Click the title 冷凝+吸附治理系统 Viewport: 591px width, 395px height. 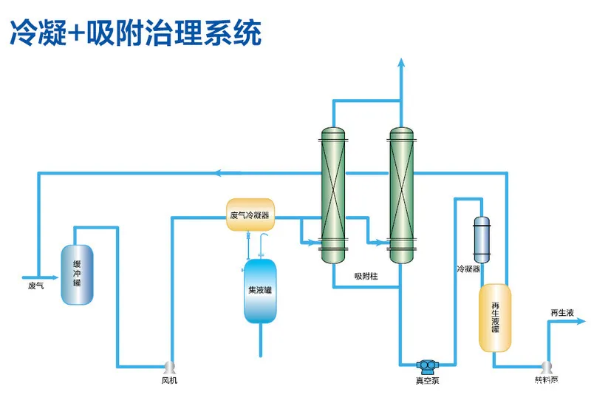[135, 33]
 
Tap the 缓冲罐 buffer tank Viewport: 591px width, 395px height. [77, 274]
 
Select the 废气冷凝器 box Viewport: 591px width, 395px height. [250, 215]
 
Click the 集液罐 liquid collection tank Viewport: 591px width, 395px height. [260, 291]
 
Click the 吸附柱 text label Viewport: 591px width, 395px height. [366, 276]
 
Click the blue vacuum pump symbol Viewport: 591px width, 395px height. [427, 365]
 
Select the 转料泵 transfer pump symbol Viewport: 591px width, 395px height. [547, 367]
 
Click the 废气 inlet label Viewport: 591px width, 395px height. [35, 285]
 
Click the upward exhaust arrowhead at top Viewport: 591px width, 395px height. [401, 62]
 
